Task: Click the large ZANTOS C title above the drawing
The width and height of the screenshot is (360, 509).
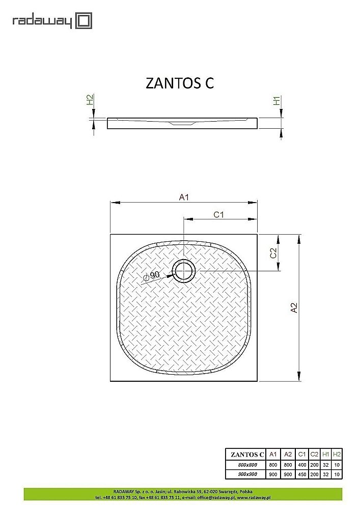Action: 180,83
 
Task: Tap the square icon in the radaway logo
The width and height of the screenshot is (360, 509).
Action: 84,21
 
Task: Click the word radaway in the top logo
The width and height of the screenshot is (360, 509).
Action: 43,21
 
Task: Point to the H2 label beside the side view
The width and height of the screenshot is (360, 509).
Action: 89,100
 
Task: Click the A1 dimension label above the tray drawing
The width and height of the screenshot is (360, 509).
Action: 184,197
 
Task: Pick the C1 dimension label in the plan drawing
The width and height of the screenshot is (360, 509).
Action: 219,215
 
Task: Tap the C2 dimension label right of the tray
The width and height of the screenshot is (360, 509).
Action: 273,252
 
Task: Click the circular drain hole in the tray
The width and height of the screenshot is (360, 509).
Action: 183,271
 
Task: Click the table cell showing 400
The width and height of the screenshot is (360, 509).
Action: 301,465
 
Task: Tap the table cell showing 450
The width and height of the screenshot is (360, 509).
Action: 301,474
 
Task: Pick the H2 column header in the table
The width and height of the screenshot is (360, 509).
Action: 337,454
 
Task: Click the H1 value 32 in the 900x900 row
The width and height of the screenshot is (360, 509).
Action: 326,474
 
